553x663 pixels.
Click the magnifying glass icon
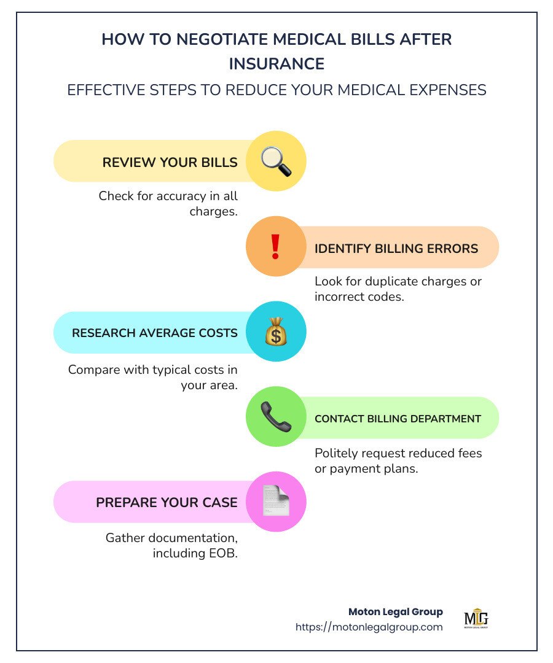(275, 161)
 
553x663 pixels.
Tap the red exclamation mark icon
(275, 247)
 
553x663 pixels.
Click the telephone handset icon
(275, 417)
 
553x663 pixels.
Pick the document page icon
(275, 502)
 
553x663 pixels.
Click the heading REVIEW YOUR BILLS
(170, 162)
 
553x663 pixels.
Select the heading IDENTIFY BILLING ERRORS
(396, 249)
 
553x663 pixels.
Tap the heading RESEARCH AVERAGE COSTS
(154, 333)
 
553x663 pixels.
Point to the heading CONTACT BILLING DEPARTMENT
(398, 419)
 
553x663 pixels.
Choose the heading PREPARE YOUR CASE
(167, 503)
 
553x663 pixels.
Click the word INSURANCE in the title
(276, 64)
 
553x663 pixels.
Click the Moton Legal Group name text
(395, 611)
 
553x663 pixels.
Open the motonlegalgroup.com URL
(369, 627)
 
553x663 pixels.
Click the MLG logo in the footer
(476, 619)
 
